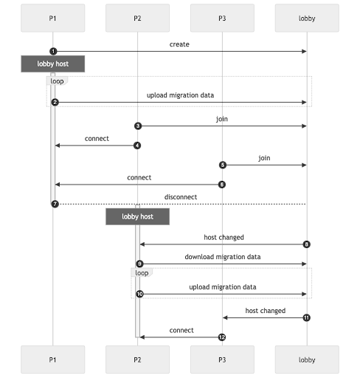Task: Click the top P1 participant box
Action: coord(53,18)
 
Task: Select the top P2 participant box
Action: coord(137,18)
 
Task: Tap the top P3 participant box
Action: coord(221,18)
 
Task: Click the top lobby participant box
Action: coord(306,18)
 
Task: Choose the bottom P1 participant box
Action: coord(53,360)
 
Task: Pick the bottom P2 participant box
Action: coord(137,360)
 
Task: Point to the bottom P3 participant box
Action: coord(221,360)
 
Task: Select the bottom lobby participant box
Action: coord(306,360)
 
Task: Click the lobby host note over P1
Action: coord(53,64)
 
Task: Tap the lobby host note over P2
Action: coord(137,216)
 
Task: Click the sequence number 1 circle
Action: coord(54,51)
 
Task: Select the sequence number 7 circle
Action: coord(54,204)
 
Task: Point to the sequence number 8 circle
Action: coord(306,244)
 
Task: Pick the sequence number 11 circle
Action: coord(306,317)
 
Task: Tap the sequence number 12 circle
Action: coord(221,337)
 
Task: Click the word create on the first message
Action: coord(179,44)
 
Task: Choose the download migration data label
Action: coord(221,257)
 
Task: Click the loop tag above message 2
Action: coord(56,80)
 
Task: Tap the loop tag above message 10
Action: coord(141,272)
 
